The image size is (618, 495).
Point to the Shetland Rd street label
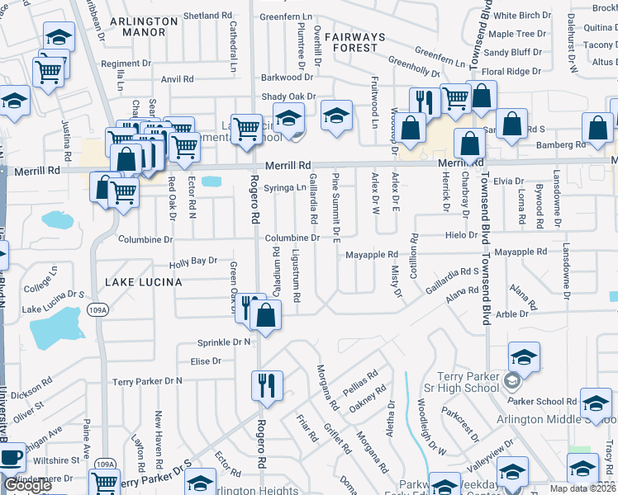(207, 16)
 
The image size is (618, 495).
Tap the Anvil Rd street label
(177, 79)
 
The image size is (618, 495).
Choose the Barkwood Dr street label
(282, 78)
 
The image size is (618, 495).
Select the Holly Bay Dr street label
(193, 261)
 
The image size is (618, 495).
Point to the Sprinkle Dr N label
(224, 342)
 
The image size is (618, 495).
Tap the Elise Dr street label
(206, 361)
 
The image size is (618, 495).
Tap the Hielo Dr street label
(457, 235)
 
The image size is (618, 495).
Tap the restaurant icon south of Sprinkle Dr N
(266, 385)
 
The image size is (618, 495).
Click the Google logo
(27, 485)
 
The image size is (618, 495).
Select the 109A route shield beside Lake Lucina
(97, 309)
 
